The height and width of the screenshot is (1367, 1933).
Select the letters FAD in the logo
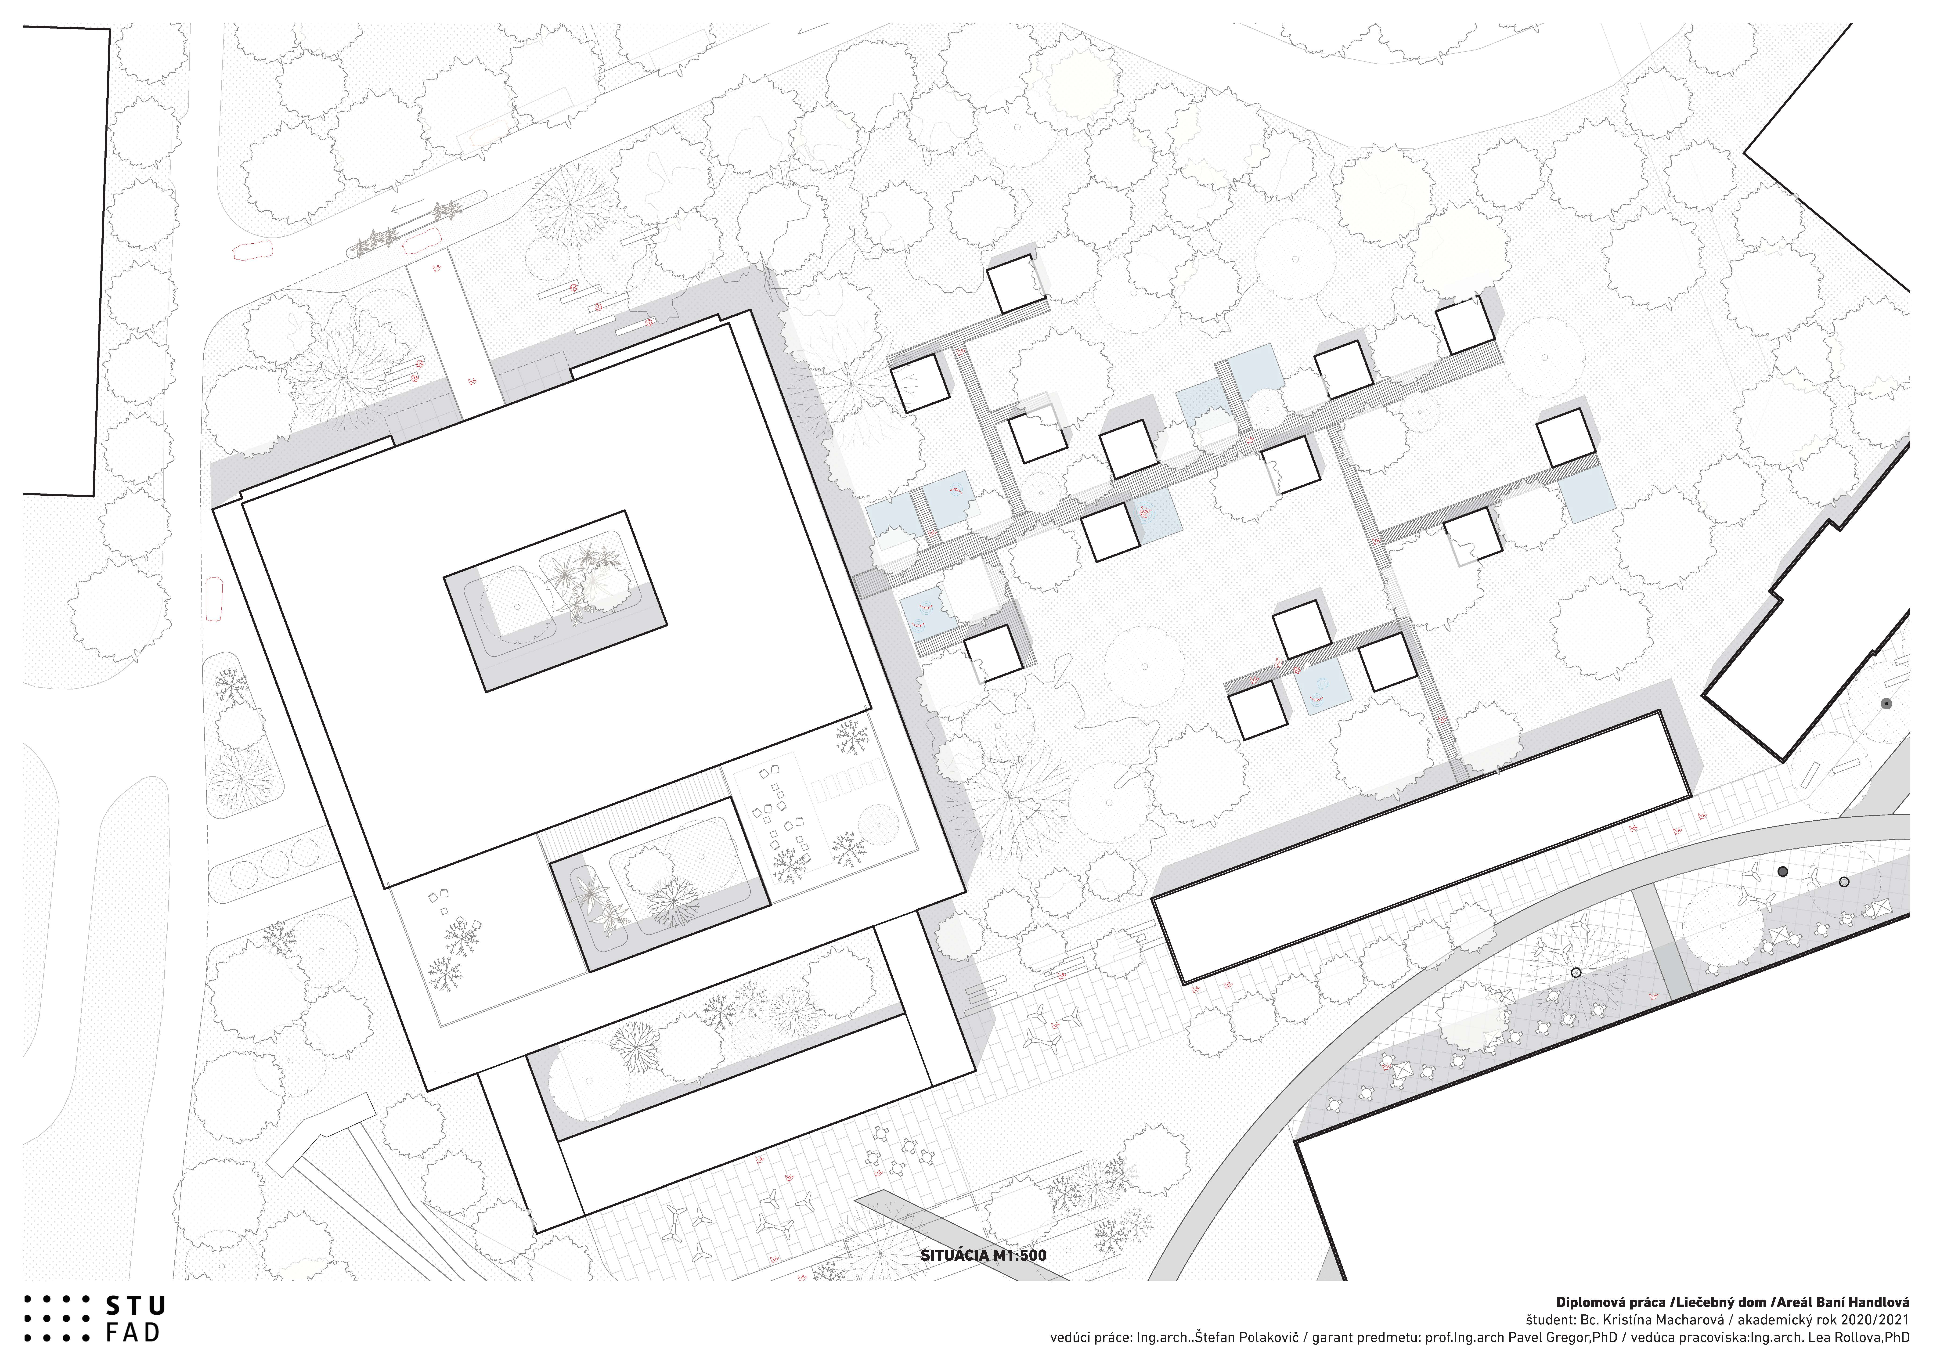(x=133, y=1333)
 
